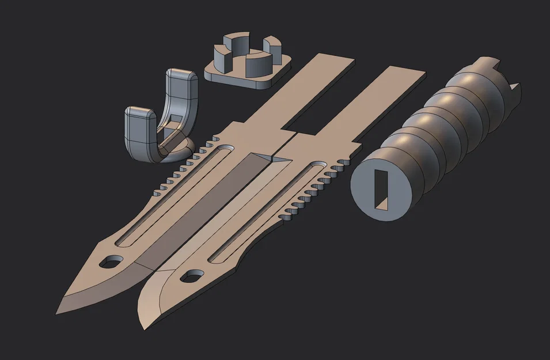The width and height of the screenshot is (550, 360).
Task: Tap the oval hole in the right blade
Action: pos(190,277)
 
